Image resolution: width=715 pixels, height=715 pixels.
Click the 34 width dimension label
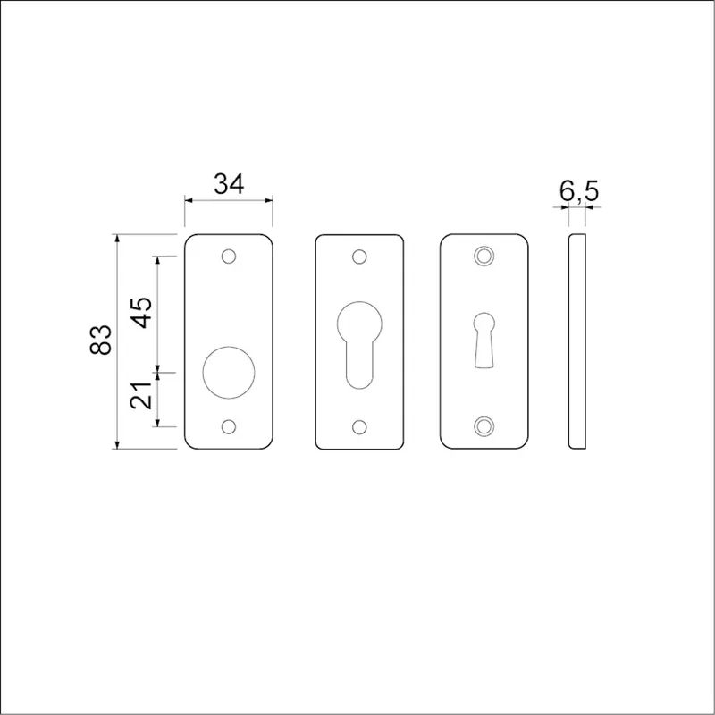pyautogui.click(x=229, y=184)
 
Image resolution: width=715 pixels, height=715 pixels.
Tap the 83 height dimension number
pyautogui.click(x=101, y=340)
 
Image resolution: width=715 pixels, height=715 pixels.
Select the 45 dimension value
pyautogui.click(x=142, y=312)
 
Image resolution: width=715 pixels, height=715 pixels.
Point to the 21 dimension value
pyautogui.click(x=141, y=395)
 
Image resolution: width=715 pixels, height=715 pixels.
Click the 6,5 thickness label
pyautogui.click(x=579, y=191)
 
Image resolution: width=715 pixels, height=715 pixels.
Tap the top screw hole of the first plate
pyautogui.click(x=229, y=257)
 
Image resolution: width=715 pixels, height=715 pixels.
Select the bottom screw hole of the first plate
pyautogui.click(x=229, y=427)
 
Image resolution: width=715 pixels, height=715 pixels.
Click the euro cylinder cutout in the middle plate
pyautogui.click(x=359, y=345)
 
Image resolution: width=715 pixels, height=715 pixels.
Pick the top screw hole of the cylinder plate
pyautogui.click(x=359, y=257)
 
